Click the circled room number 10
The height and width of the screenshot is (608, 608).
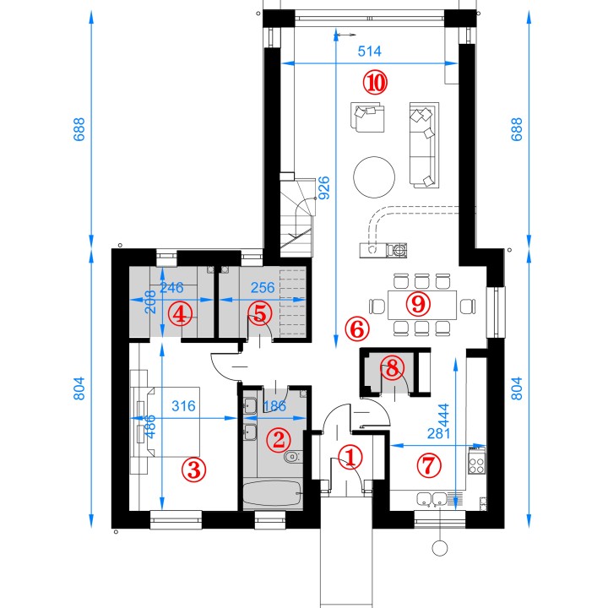(x=375, y=83)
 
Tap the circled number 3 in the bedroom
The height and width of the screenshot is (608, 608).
(x=194, y=470)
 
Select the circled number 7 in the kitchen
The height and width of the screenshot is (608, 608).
(x=429, y=465)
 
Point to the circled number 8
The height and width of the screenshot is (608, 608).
(x=392, y=367)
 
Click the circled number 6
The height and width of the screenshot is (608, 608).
(x=357, y=329)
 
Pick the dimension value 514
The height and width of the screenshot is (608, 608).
(x=369, y=51)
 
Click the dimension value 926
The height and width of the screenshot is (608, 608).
(x=324, y=188)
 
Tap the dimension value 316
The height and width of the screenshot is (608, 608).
(x=183, y=406)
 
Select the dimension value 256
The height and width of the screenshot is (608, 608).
(x=263, y=287)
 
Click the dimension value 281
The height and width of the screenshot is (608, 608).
(x=438, y=433)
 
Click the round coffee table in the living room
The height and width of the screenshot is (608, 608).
(x=374, y=177)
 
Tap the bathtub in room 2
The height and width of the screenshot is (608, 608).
(x=273, y=493)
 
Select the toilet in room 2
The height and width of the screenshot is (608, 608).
(x=293, y=457)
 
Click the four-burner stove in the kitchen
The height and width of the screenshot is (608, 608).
(x=476, y=460)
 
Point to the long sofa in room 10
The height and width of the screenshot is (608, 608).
(x=424, y=145)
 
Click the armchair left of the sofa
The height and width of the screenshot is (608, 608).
(x=367, y=117)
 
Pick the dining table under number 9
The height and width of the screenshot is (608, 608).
(x=422, y=305)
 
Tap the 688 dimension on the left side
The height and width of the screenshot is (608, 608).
(x=79, y=129)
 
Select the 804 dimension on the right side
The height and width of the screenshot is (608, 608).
(x=517, y=388)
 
